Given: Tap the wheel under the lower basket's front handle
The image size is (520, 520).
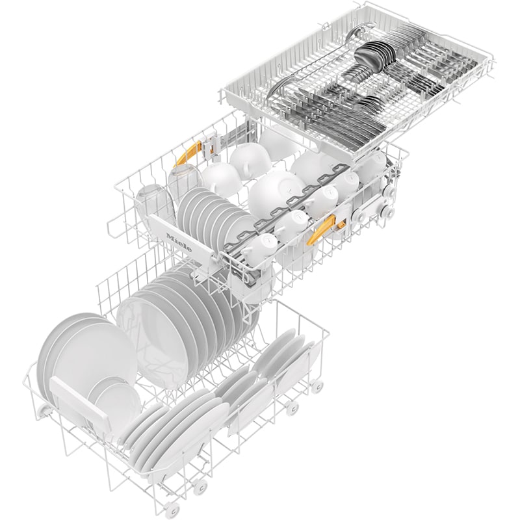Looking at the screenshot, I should [x=44, y=408].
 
